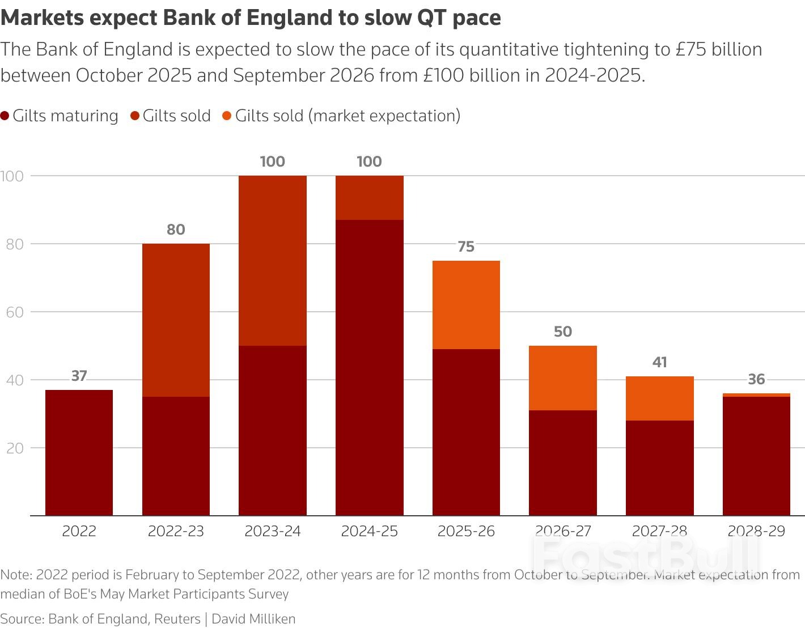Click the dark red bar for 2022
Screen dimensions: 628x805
pyautogui.click(x=79, y=452)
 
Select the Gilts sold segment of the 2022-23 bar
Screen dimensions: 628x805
pyautogui.click(x=176, y=320)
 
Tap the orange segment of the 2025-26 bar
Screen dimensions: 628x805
pyautogui.click(x=466, y=305)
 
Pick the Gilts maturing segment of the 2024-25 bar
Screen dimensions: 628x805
pyautogui.click(x=369, y=367)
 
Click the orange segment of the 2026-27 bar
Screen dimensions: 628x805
pyautogui.click(x=562, y=378)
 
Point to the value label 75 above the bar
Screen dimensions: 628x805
pyautogui.click(x=466, y=247)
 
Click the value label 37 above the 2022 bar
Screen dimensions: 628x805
pyautogui.click(x=79, y=376)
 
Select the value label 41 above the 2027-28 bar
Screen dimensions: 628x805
pyautogui.click(x=659, y=362)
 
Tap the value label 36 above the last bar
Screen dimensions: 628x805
pyautogui.click(x=756, y=379)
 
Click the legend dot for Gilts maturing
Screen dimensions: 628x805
pyautogui.click(x=5, y=116)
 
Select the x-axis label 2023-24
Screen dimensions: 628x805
pyautogui.click(x=272, y=531)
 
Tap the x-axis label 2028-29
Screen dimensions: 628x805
pyautogui.click(x=756, y=531)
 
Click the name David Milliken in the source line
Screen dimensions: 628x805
pyautogui.click(x=253, y=619)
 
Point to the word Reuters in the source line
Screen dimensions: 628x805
pyautogui.click(x=177, y=619)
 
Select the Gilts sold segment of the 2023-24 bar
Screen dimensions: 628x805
pyautogui.click(x=272, y=261)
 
